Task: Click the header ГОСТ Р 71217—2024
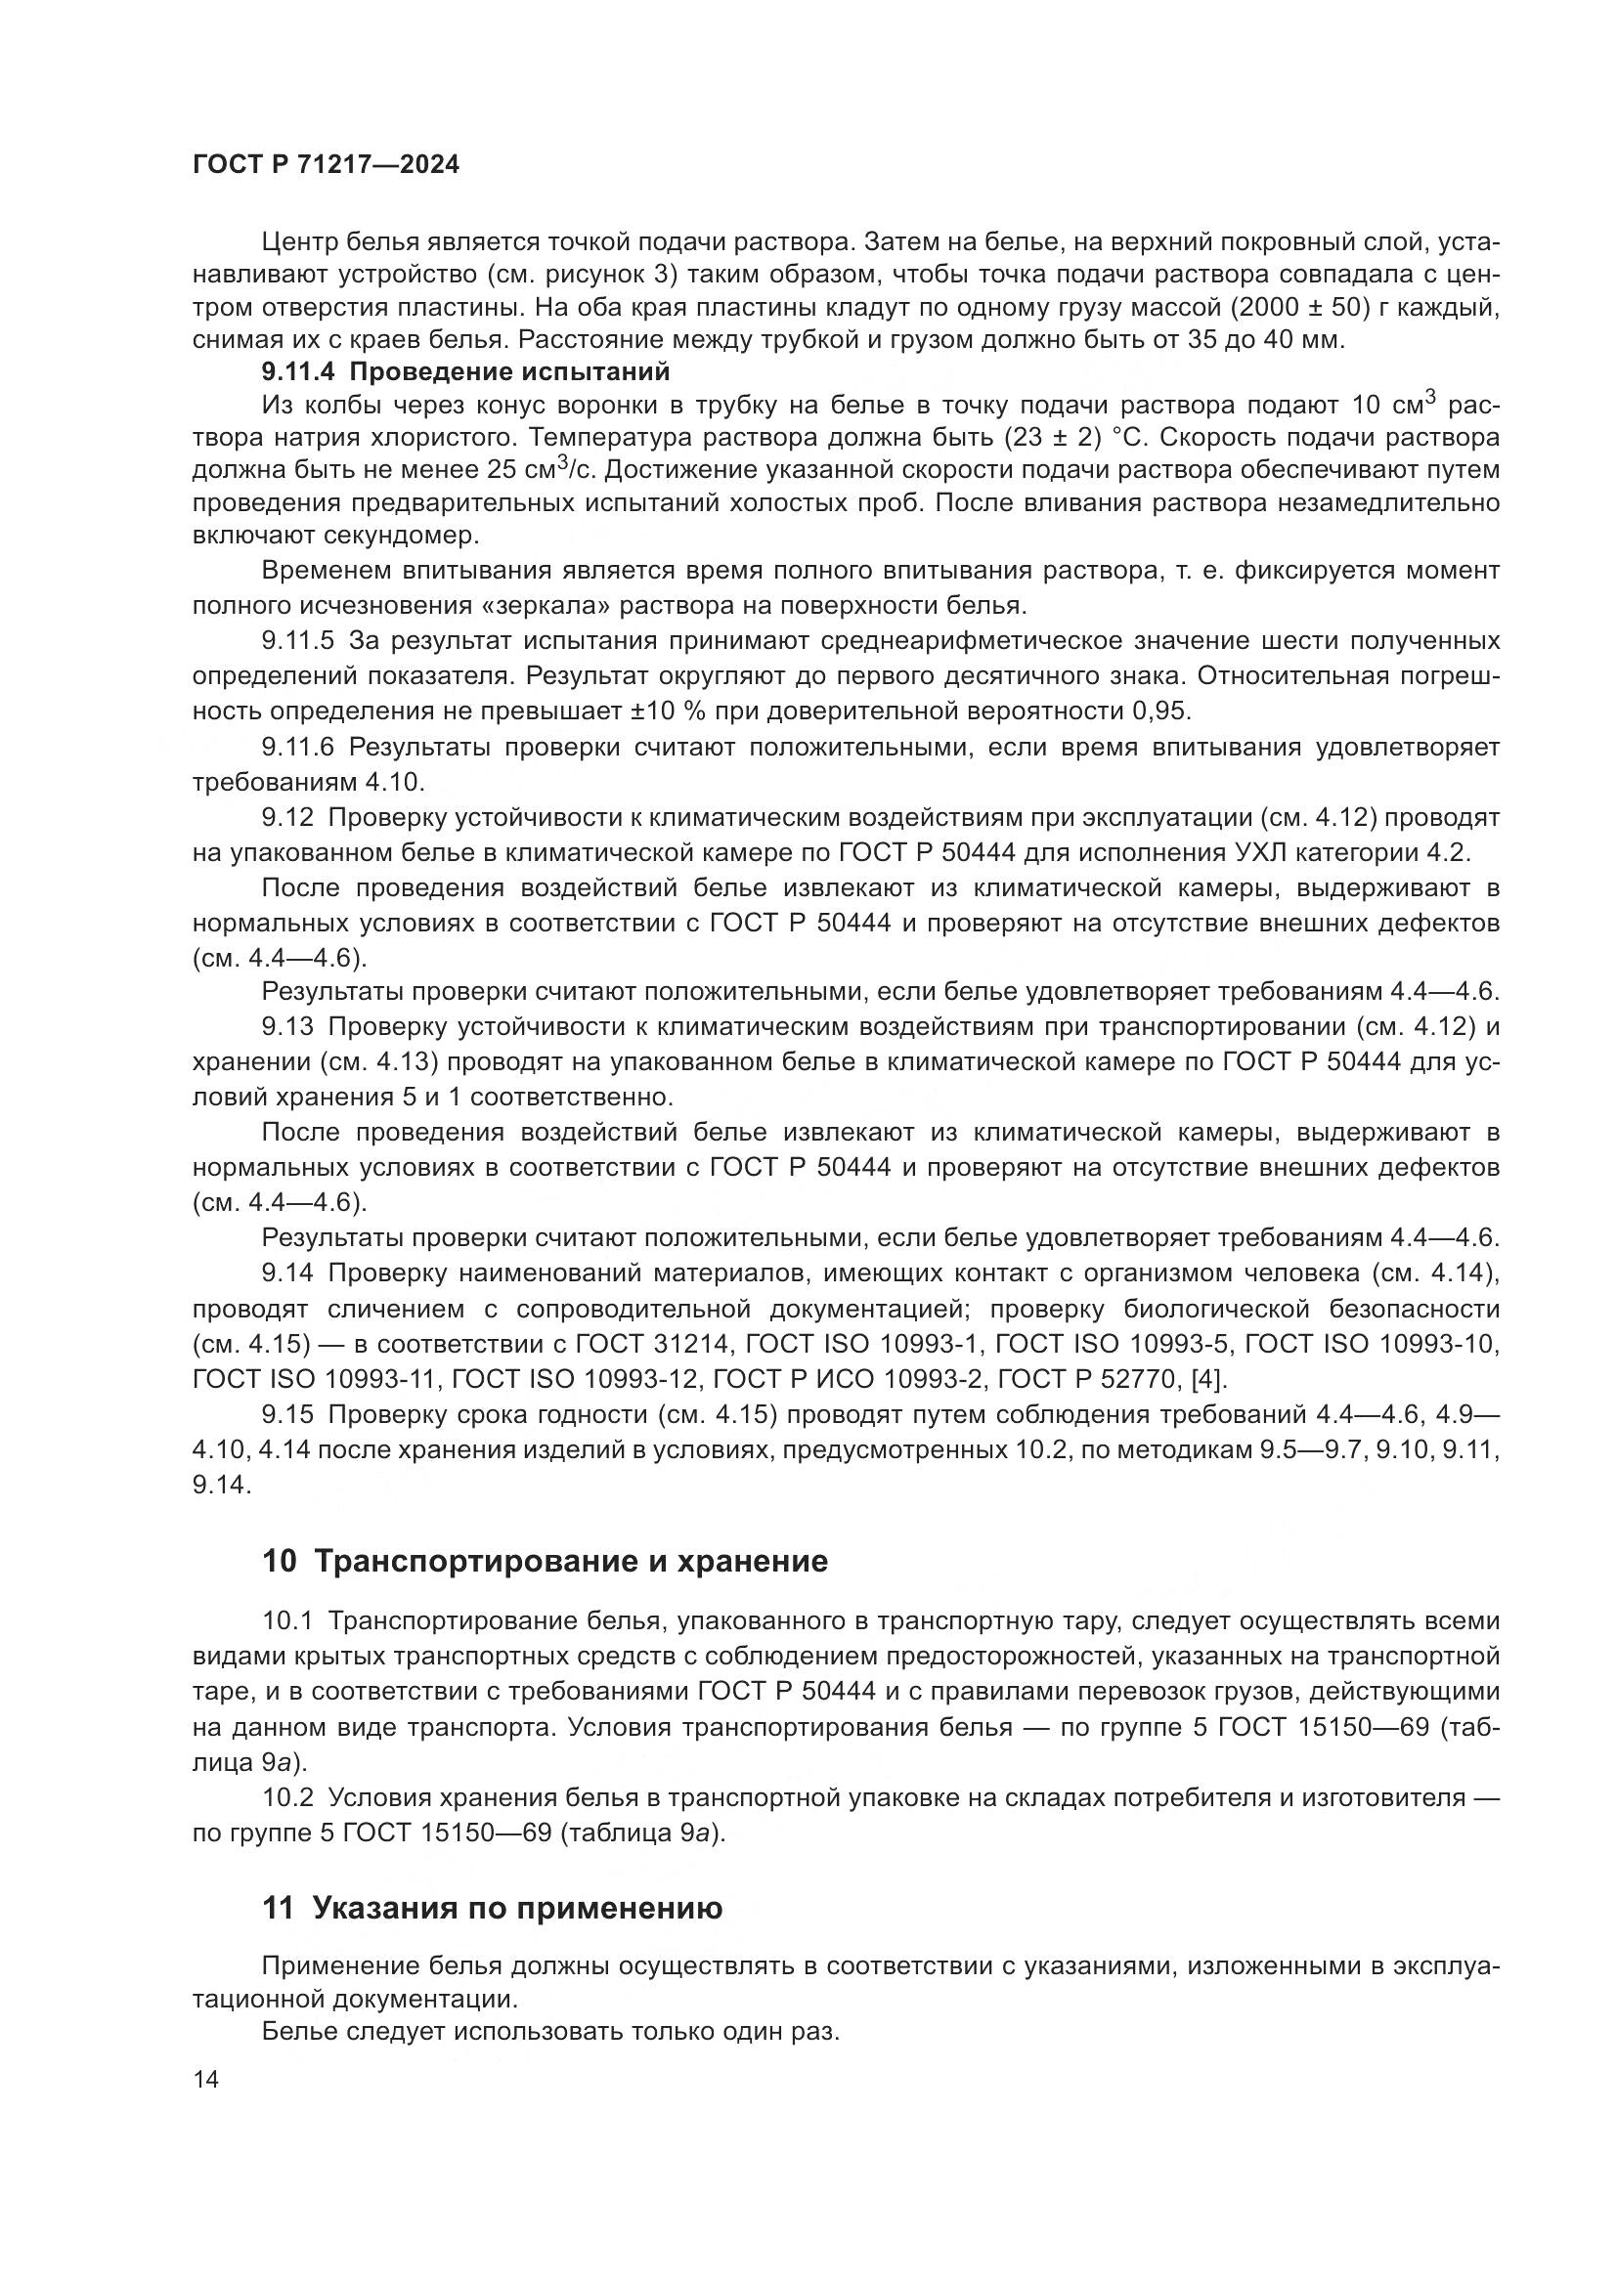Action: point(326,165)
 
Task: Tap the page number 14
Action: point(206,2079)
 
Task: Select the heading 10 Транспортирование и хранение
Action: point(545,1560)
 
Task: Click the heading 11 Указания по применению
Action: point(492,1908)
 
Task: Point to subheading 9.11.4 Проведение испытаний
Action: point(465,372)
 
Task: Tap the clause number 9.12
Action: point(287,817)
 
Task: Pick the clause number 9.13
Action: point(287,1026)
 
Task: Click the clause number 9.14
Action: point(287,1272)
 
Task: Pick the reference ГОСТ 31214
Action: point(644,1344)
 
